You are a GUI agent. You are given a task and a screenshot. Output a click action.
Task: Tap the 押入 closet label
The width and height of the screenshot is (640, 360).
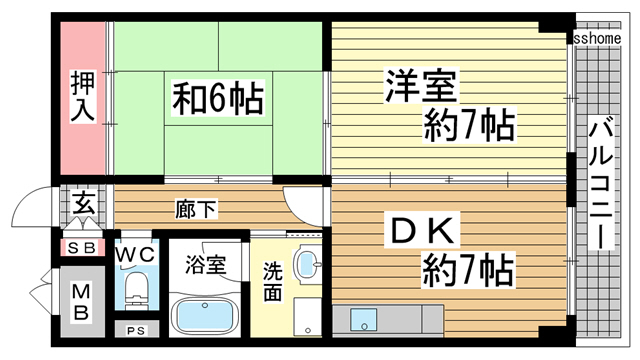[81, 96]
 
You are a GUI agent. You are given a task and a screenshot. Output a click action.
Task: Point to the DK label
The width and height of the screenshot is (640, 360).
[421, 233]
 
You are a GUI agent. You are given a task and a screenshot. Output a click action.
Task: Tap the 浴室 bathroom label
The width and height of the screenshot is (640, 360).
[204, 267]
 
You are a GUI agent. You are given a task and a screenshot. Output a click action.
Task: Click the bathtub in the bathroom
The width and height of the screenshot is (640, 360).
[205, 318]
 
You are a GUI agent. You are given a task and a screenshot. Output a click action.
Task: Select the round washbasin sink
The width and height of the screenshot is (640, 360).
[307, 266]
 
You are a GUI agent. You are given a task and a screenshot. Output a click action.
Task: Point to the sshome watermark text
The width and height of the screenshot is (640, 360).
[597, 37]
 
